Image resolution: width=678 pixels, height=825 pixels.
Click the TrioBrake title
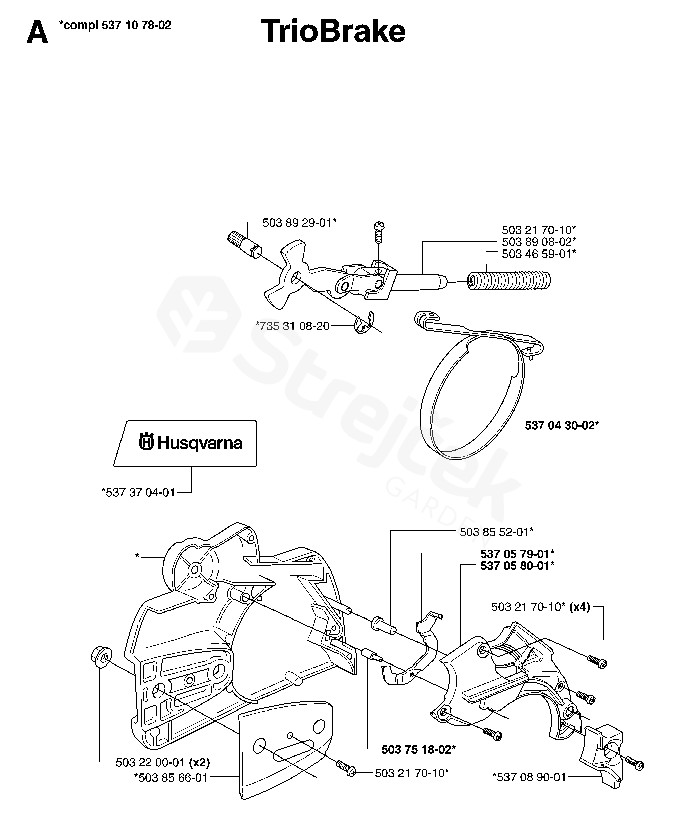click(x=333, y=31)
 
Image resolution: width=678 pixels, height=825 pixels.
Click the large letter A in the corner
click(x=37, y=33)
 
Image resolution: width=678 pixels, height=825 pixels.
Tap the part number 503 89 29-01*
click(x=299, y=223)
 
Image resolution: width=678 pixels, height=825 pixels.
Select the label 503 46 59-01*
click(x=539, y=254)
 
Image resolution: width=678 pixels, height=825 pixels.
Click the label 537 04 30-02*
click(x=562, y=425)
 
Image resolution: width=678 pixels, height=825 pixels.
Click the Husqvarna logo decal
click(x=191, y=443)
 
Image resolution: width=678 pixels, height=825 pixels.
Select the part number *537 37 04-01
click(x=138, y=492)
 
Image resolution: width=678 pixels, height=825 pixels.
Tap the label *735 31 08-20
click(x=292, y=326)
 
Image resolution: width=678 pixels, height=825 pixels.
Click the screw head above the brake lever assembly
click(x=379, y=226)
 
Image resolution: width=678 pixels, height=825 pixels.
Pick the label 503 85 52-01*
click(x=496, y=532)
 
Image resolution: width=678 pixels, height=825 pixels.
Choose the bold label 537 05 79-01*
click(x=518, y=554)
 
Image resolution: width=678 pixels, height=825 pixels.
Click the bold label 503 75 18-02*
click(x=418, y=749)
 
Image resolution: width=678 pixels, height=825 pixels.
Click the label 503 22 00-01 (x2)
click(x=163, y=762)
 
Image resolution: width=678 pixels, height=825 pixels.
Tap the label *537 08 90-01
click(x=529, y=777)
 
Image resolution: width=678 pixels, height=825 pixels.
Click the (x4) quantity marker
click(x=580, y=607)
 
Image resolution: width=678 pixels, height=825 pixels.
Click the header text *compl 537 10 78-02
click(x=115, y=26)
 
